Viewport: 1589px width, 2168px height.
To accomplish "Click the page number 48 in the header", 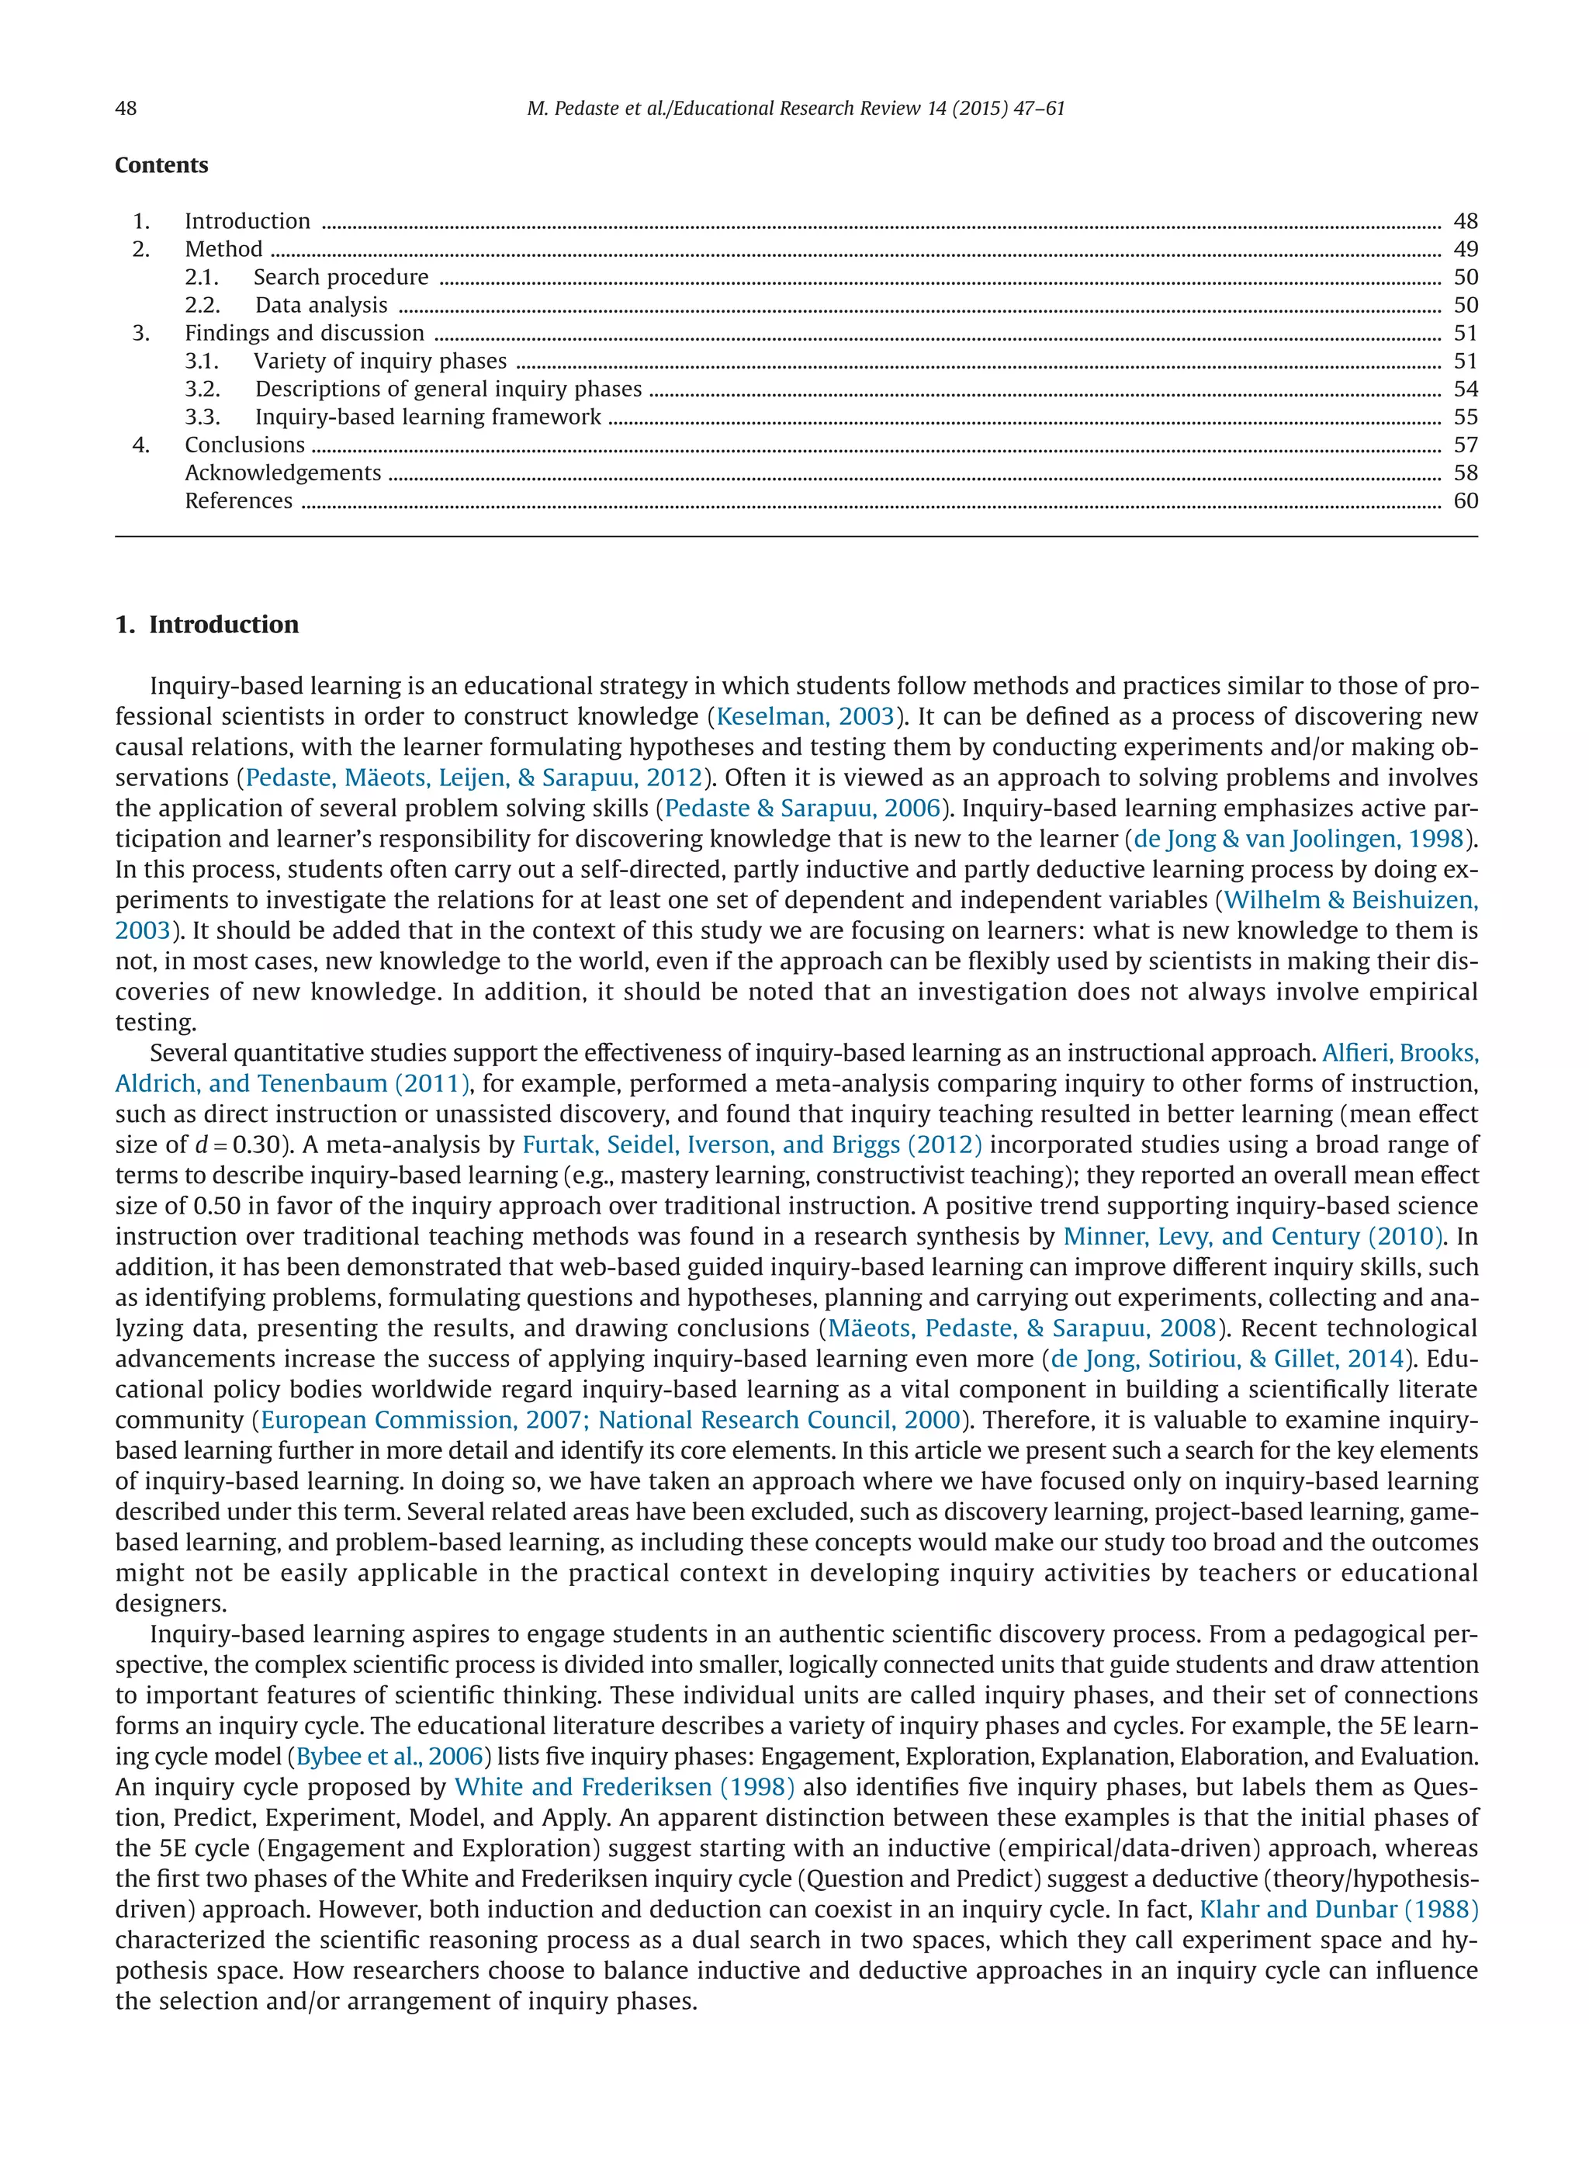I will pos(126,108).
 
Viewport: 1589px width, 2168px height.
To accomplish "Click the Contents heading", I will pos(161,165).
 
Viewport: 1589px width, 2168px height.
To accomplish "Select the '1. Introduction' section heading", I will pos(207,624).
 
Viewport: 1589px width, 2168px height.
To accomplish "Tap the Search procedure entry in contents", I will pos(341,277).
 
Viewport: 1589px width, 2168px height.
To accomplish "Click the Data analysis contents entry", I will pos(321,305).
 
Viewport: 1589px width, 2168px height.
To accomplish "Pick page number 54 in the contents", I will pos(1465,389).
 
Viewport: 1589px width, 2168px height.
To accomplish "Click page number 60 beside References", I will pos(1465,500).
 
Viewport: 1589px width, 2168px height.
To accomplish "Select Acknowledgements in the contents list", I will pos(282,473).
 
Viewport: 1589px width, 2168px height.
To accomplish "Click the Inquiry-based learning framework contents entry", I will pos(428,417).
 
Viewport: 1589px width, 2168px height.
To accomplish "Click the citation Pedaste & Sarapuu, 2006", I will pos(802,808).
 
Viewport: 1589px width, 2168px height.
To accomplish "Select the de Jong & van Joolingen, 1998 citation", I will pos(1299,839).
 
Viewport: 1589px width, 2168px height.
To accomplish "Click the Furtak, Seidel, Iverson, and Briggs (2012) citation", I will pos(752,1145).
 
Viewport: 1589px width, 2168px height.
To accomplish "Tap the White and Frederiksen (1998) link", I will pos(625,1787).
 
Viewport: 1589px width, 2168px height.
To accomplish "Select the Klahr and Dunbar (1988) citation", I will pos(1338,1910).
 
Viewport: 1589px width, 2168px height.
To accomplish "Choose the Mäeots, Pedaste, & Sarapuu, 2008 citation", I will pos(1023,1328).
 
